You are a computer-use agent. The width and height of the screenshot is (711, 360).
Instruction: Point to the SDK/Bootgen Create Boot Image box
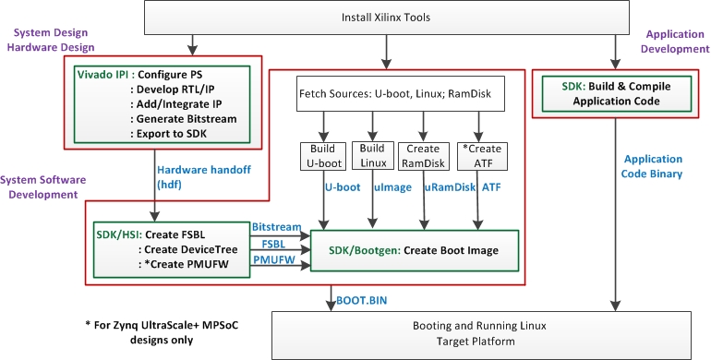pyautogui.click(x=415, y=250)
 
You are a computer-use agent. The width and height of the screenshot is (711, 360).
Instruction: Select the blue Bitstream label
pyautogui.click(x=276, y=227)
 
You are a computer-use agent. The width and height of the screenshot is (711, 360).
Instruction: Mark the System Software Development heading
pyautogui.click(x=41, y=187)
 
